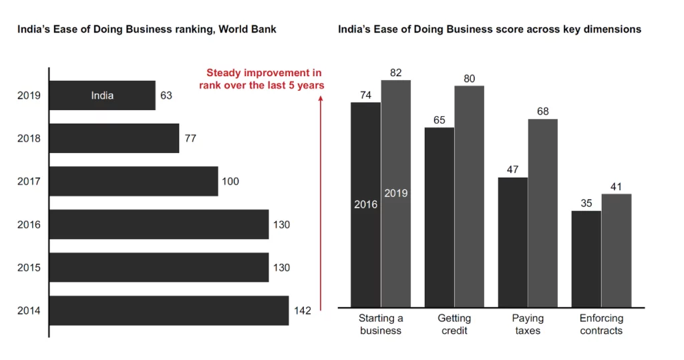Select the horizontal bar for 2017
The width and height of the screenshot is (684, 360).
click(134, 181)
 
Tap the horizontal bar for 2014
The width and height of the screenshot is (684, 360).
click(169, 311)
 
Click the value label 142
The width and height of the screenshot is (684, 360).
click(303, 311)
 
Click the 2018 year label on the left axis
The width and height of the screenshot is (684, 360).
click(29, 138)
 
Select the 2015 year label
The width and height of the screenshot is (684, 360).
click(29, 268)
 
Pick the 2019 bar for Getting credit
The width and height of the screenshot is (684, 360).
click(469, 196)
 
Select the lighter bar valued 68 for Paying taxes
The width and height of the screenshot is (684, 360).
click(542, 213)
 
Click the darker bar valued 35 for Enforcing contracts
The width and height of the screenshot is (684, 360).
click(586, 259)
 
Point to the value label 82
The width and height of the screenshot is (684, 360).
click(395, 72)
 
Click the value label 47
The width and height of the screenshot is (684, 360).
click(512, 170)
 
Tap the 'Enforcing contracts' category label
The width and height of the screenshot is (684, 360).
click(601, 325)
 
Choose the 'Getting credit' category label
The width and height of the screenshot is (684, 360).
click(454, 325)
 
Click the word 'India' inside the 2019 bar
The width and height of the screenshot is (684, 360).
click(102, 96)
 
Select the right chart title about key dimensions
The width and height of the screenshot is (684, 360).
click(490, 29)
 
